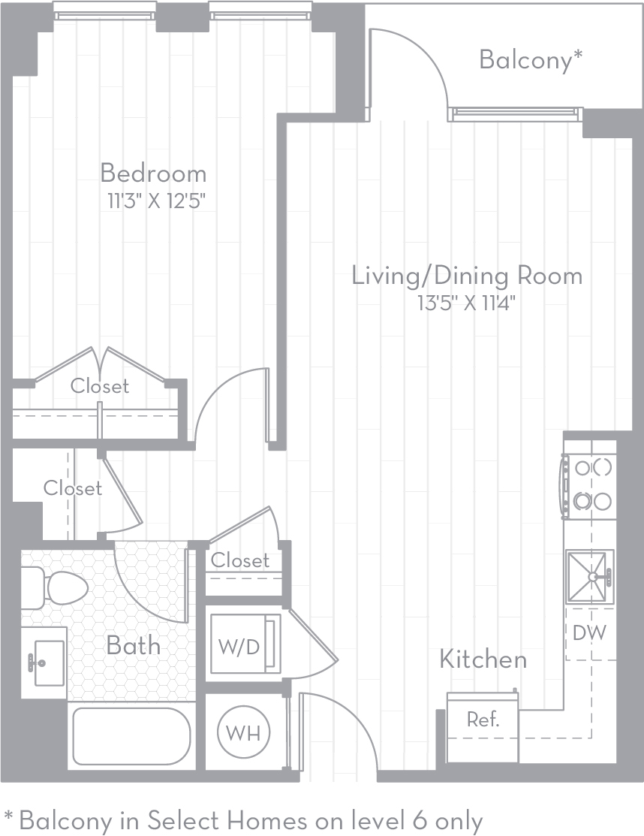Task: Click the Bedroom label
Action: coord(153,174)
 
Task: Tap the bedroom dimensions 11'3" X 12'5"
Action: coord(156,201)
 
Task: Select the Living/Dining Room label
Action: coord(467,276)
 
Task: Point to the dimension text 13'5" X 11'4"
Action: coord(467,303)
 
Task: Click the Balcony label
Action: coord(531,59)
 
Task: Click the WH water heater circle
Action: coord(243,732)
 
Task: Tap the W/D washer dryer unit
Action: coord(245,644)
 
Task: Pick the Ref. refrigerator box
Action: coord(483,727)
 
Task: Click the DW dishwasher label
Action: coord(590,633)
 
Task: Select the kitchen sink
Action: coord(590,576)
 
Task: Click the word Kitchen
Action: coord(483,659)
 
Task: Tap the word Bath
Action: coord(133,646)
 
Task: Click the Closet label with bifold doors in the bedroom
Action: coord(100,386)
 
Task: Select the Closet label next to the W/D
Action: coord(240,560)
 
